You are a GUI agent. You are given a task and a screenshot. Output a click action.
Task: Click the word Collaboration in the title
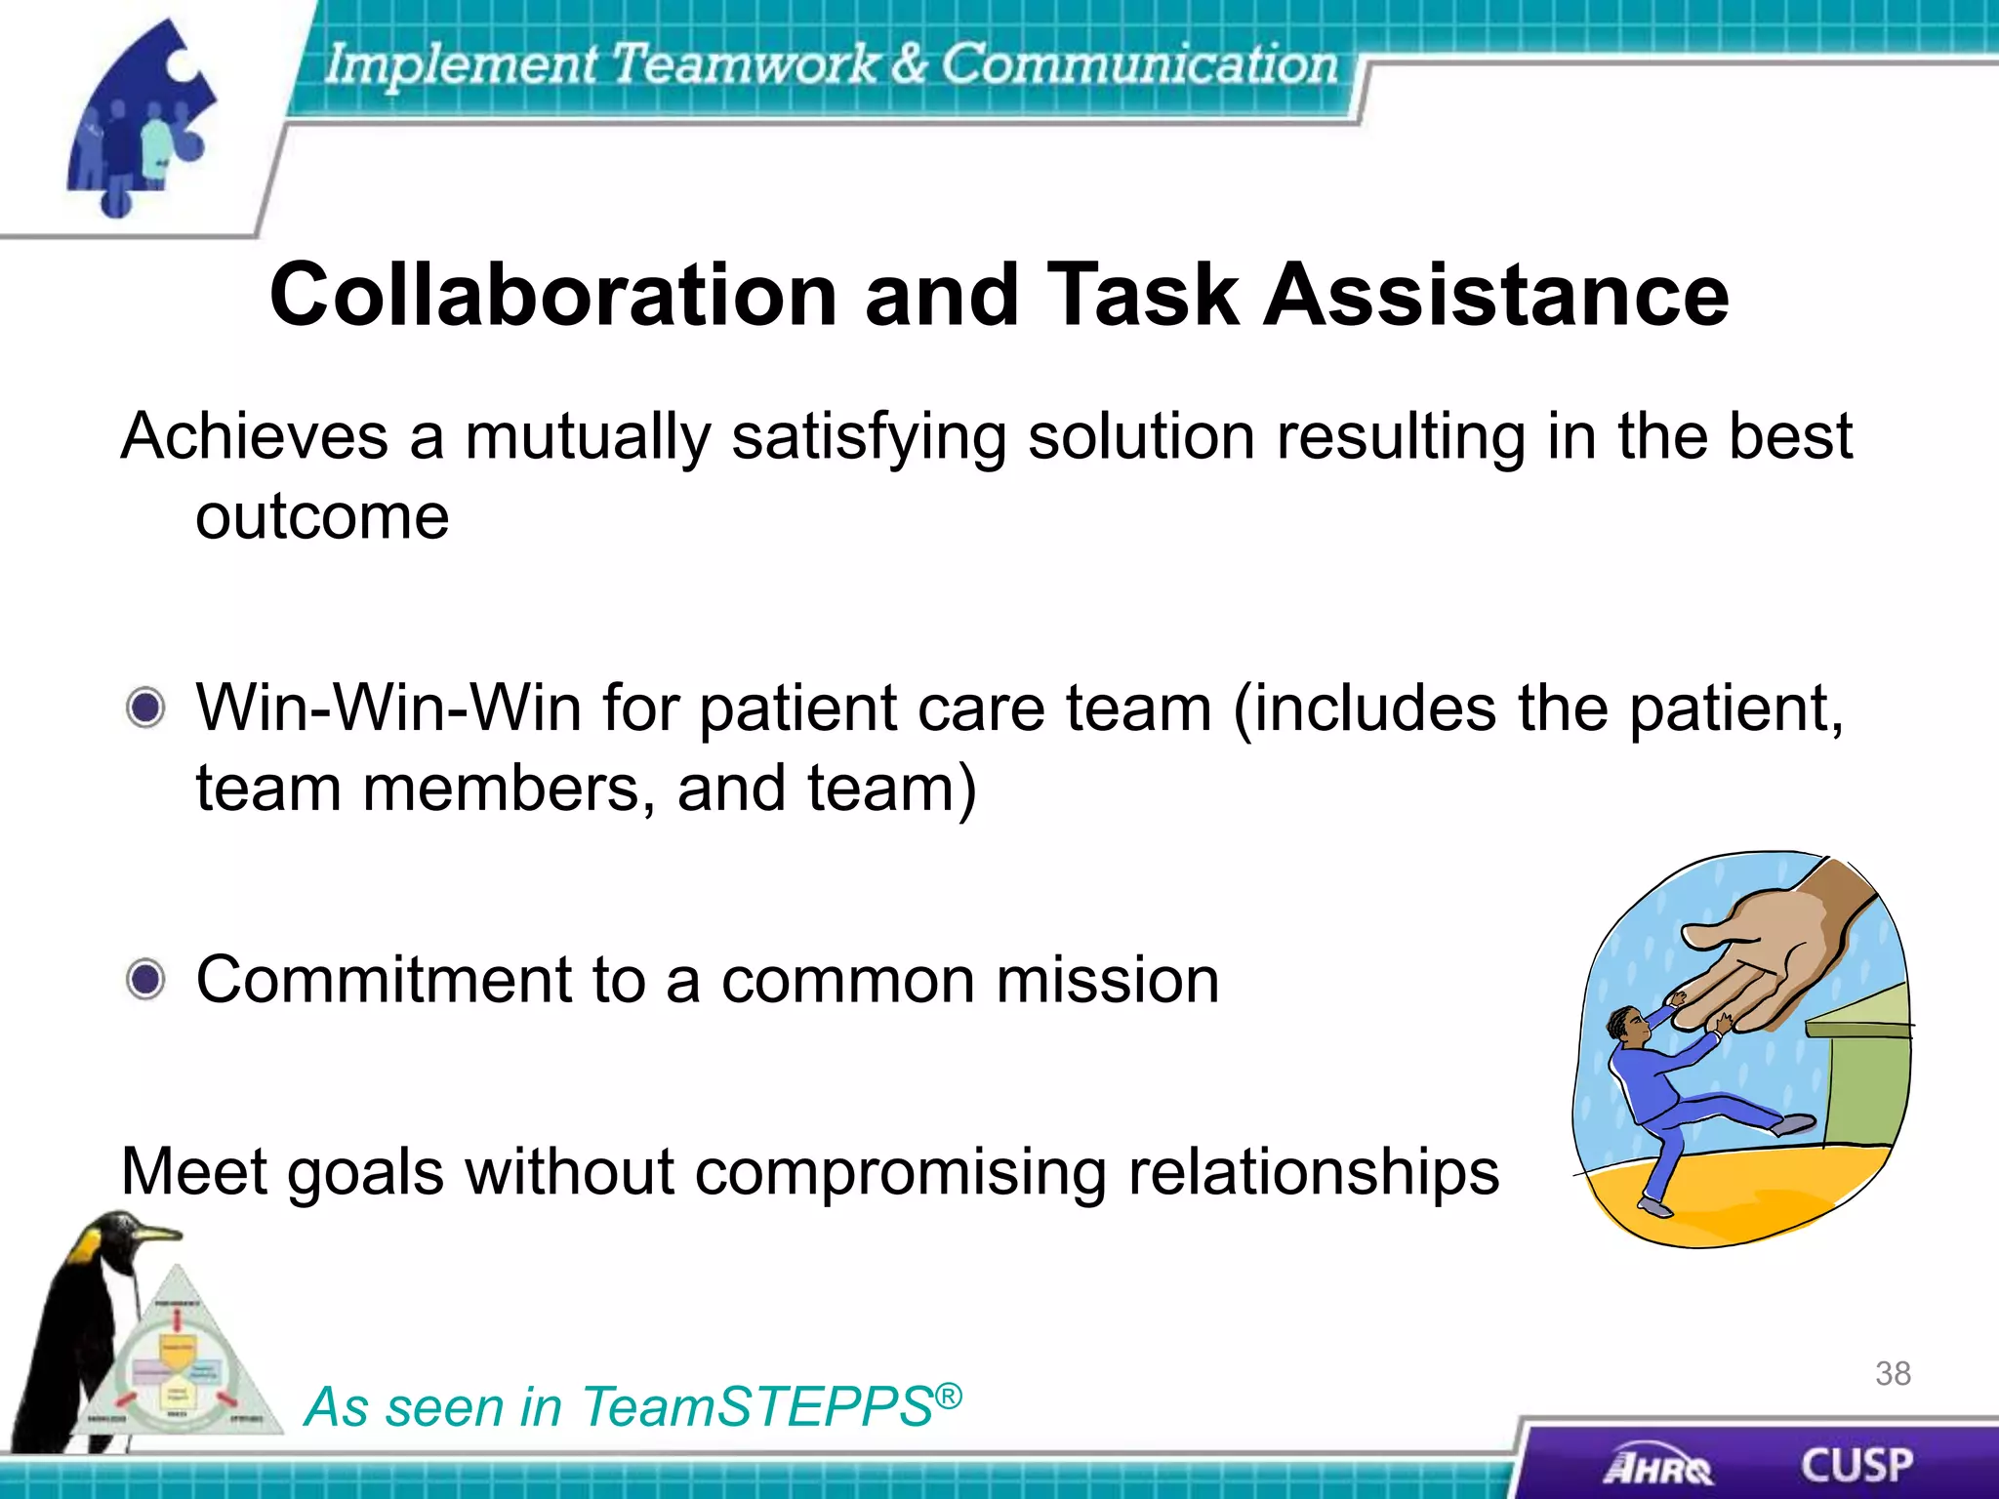pos(552,295)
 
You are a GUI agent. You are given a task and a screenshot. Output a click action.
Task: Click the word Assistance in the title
pos(1496,295)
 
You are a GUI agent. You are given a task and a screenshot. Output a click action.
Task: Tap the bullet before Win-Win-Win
pos(146,708)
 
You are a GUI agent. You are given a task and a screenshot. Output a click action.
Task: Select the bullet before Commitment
pos(146,979)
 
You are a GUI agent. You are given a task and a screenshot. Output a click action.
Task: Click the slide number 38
pos(1893,1374)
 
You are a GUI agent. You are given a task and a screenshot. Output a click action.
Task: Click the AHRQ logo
pos(1656,1467)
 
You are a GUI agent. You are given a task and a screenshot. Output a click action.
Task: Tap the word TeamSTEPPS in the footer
pos(756,1407)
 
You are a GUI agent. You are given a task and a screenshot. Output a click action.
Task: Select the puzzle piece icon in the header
pos(142,117)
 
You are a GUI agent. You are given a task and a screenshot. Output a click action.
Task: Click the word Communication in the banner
pos(1138,64)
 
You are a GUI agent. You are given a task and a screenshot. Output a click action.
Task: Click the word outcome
pos(322,517)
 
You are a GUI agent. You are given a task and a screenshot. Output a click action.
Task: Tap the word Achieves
pos(254,436)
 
